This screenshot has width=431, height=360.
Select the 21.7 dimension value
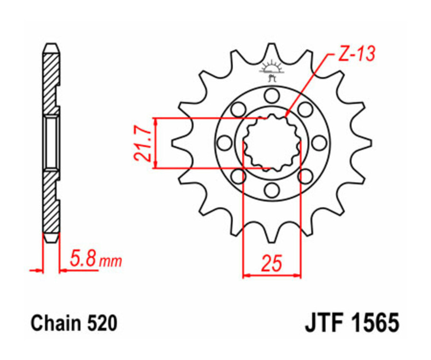143,143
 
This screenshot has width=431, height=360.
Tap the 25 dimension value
271,264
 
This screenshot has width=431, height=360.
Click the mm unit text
111,261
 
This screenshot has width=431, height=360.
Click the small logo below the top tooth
272,70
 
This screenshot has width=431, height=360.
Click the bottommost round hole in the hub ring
272,190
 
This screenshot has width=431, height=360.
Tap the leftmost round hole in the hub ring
224,143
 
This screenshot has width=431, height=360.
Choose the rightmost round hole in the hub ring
319,143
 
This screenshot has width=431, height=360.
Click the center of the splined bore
272,143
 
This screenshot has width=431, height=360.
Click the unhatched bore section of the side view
52,142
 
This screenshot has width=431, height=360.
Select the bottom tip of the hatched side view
52,240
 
